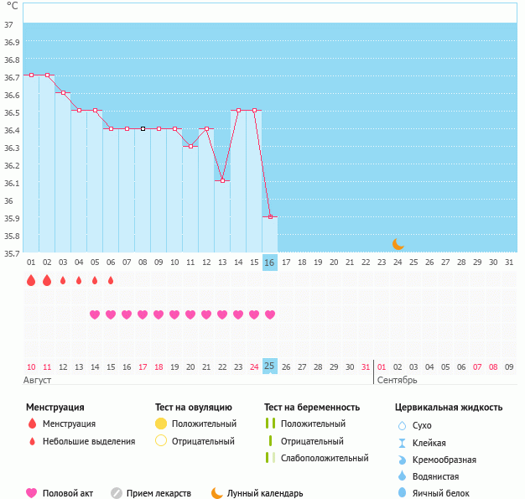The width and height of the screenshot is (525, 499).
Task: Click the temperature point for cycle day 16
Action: pyautogui.click(x=269, y=216)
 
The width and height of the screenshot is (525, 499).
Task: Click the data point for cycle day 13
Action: pyautogui.click(x=222, y=180)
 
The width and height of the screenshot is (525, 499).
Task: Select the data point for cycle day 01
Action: pyautogui.click(x=31, y=75)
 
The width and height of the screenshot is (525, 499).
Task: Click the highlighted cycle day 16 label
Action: pyautogui.click(x=269, y=262)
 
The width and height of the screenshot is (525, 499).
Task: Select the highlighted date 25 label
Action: pyautogui.click(x=269, y=366)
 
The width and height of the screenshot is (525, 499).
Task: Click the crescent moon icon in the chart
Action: pyautogui.click(x=398, y=244)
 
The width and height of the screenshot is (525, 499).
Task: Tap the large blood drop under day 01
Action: pyautogui.click(x=31, y=280)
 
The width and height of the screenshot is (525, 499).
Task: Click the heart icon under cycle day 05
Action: pyautogui.click(x=95, y=314)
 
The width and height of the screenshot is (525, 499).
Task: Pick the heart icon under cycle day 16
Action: pyautogui.click(x=270, y=314)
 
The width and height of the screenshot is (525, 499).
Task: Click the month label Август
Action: pyautogui.click(x=38, y=380)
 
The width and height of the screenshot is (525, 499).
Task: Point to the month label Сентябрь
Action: pyautogui.click(x=397, y=380)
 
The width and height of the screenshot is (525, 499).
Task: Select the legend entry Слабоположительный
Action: pyautogui.click(x=325, y=458)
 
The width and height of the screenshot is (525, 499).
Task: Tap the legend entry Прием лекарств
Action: pyautogui.click(x=159, y=493)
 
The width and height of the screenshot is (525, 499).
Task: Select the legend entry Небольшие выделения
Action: pyautogui.click(x=88, y=441)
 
